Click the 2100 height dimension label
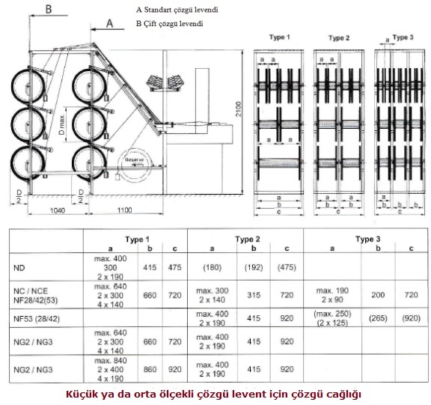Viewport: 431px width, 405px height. tap(238, 109)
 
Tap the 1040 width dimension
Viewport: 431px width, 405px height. tap(57, 210)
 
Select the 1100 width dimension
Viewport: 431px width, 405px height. tap(124, 210)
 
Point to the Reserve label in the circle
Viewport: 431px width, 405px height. tap(134, 159)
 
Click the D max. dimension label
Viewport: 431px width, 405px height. tap(62, 124)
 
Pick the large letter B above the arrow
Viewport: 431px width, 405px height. tap(49, 9)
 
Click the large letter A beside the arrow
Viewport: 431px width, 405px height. tap(109, 24)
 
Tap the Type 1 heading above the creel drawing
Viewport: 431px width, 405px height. tap(280, 37)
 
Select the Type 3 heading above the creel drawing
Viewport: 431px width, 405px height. tap(403, 37)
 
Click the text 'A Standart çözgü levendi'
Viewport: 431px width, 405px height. tap(177, 10)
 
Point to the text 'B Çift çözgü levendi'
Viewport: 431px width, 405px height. tap(169, 24)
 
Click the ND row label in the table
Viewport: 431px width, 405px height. tap(19, 267)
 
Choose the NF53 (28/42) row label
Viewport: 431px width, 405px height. tap(36, 319)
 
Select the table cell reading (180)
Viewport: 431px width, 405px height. tap(213, 267)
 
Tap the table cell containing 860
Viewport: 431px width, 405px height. tap(150, 369)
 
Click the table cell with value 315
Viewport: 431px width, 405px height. tap(254, 295)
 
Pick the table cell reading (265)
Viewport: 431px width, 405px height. tap(378, 318)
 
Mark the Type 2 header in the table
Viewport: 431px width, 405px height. tap(247, 240)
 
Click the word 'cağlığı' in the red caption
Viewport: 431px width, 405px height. tap(344, 395)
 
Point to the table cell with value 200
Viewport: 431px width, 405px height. tap(378, 295)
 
